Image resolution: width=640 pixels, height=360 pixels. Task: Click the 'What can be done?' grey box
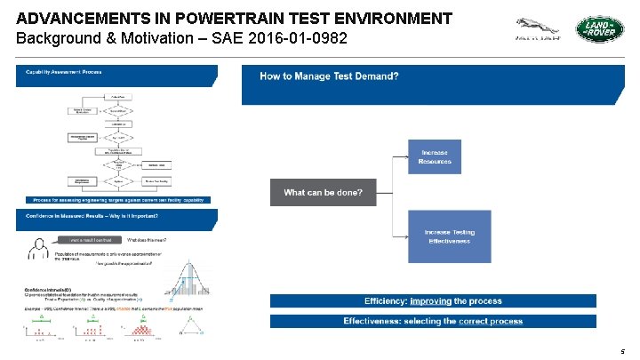323,193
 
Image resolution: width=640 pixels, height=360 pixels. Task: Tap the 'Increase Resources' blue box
435,156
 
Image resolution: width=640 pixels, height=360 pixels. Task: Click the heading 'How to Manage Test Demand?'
329,76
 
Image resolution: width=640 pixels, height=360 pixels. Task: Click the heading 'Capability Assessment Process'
63,71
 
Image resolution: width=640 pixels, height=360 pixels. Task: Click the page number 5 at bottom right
623,352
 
